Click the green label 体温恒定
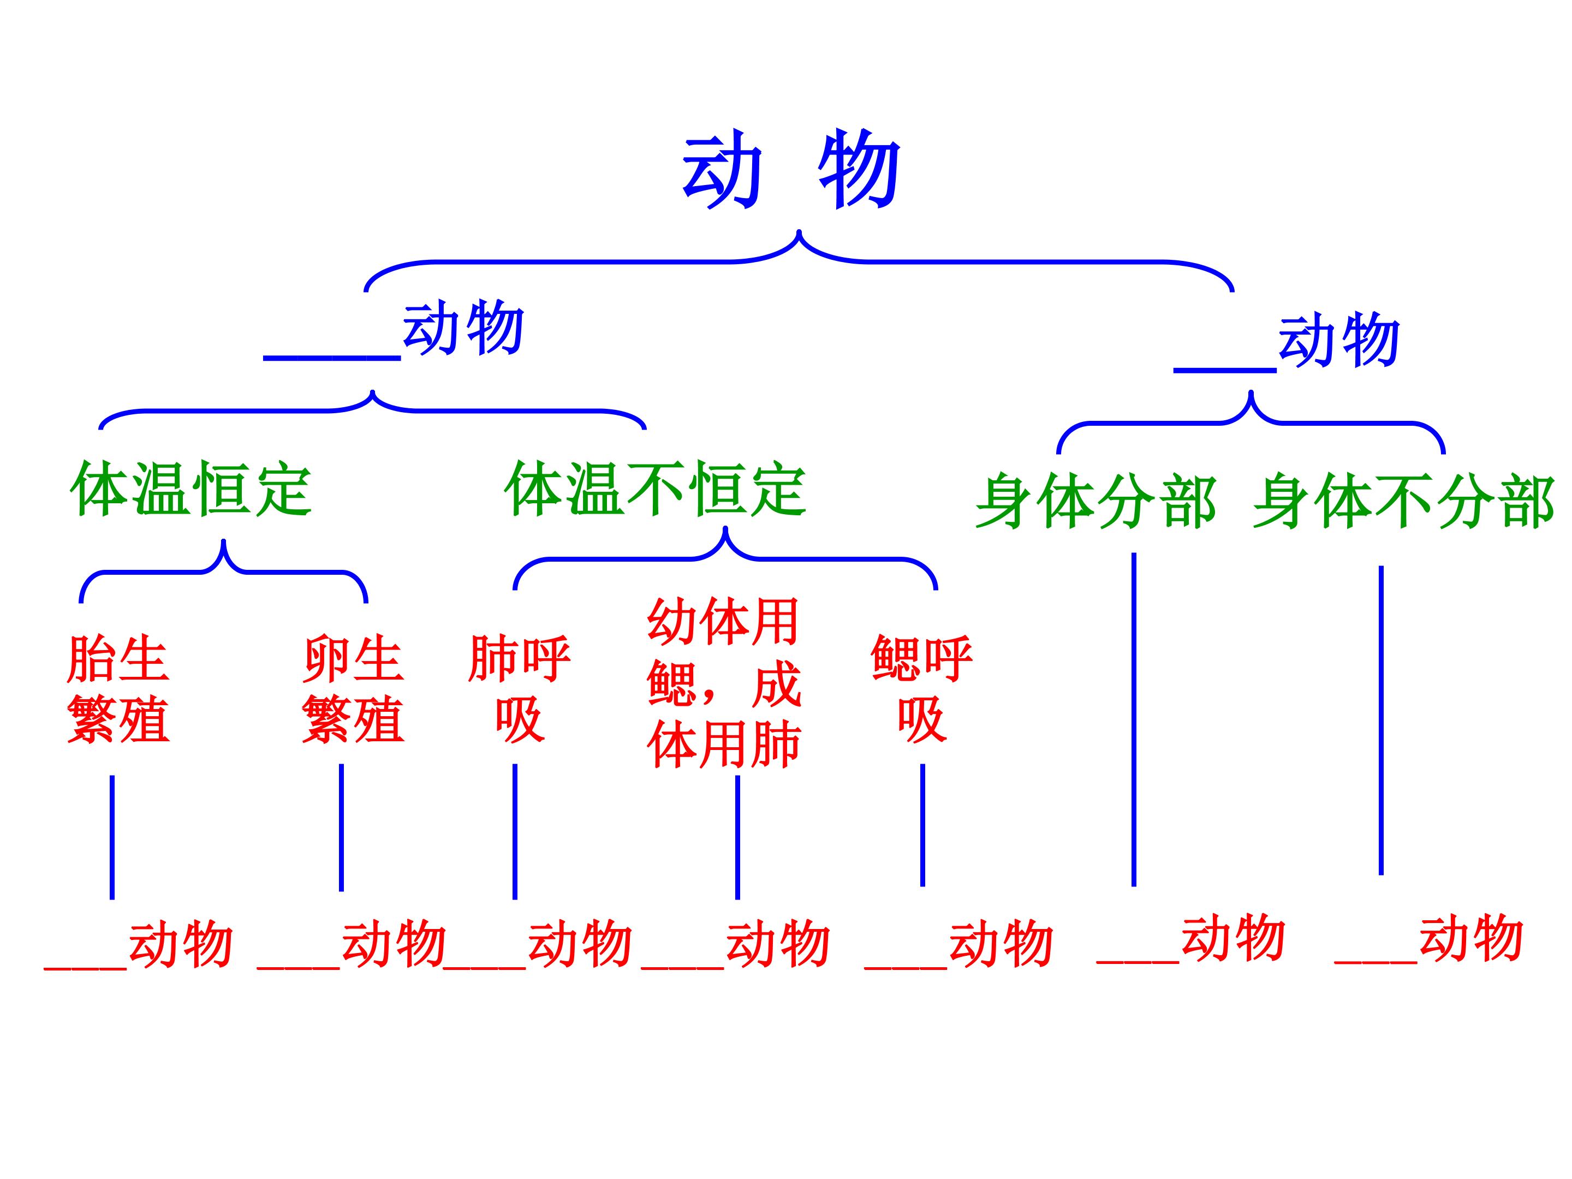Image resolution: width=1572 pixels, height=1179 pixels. pos(190,489)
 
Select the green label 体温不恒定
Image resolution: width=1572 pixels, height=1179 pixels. pos(654,489)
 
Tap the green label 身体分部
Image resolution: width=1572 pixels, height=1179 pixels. pos(1095,502)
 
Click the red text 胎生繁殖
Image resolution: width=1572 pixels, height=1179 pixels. pos(118,689)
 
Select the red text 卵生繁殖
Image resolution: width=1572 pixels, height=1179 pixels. pos(353,689)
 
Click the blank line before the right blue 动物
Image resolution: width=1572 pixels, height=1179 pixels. pos(1224,368)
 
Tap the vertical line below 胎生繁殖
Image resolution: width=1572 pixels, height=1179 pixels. pos(112,837)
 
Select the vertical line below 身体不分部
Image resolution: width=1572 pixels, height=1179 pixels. pos(1381,719)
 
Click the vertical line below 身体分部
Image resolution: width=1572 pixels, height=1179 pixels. pos(1134,719)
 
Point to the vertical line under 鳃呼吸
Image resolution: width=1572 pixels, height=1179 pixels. pos(922,824)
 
